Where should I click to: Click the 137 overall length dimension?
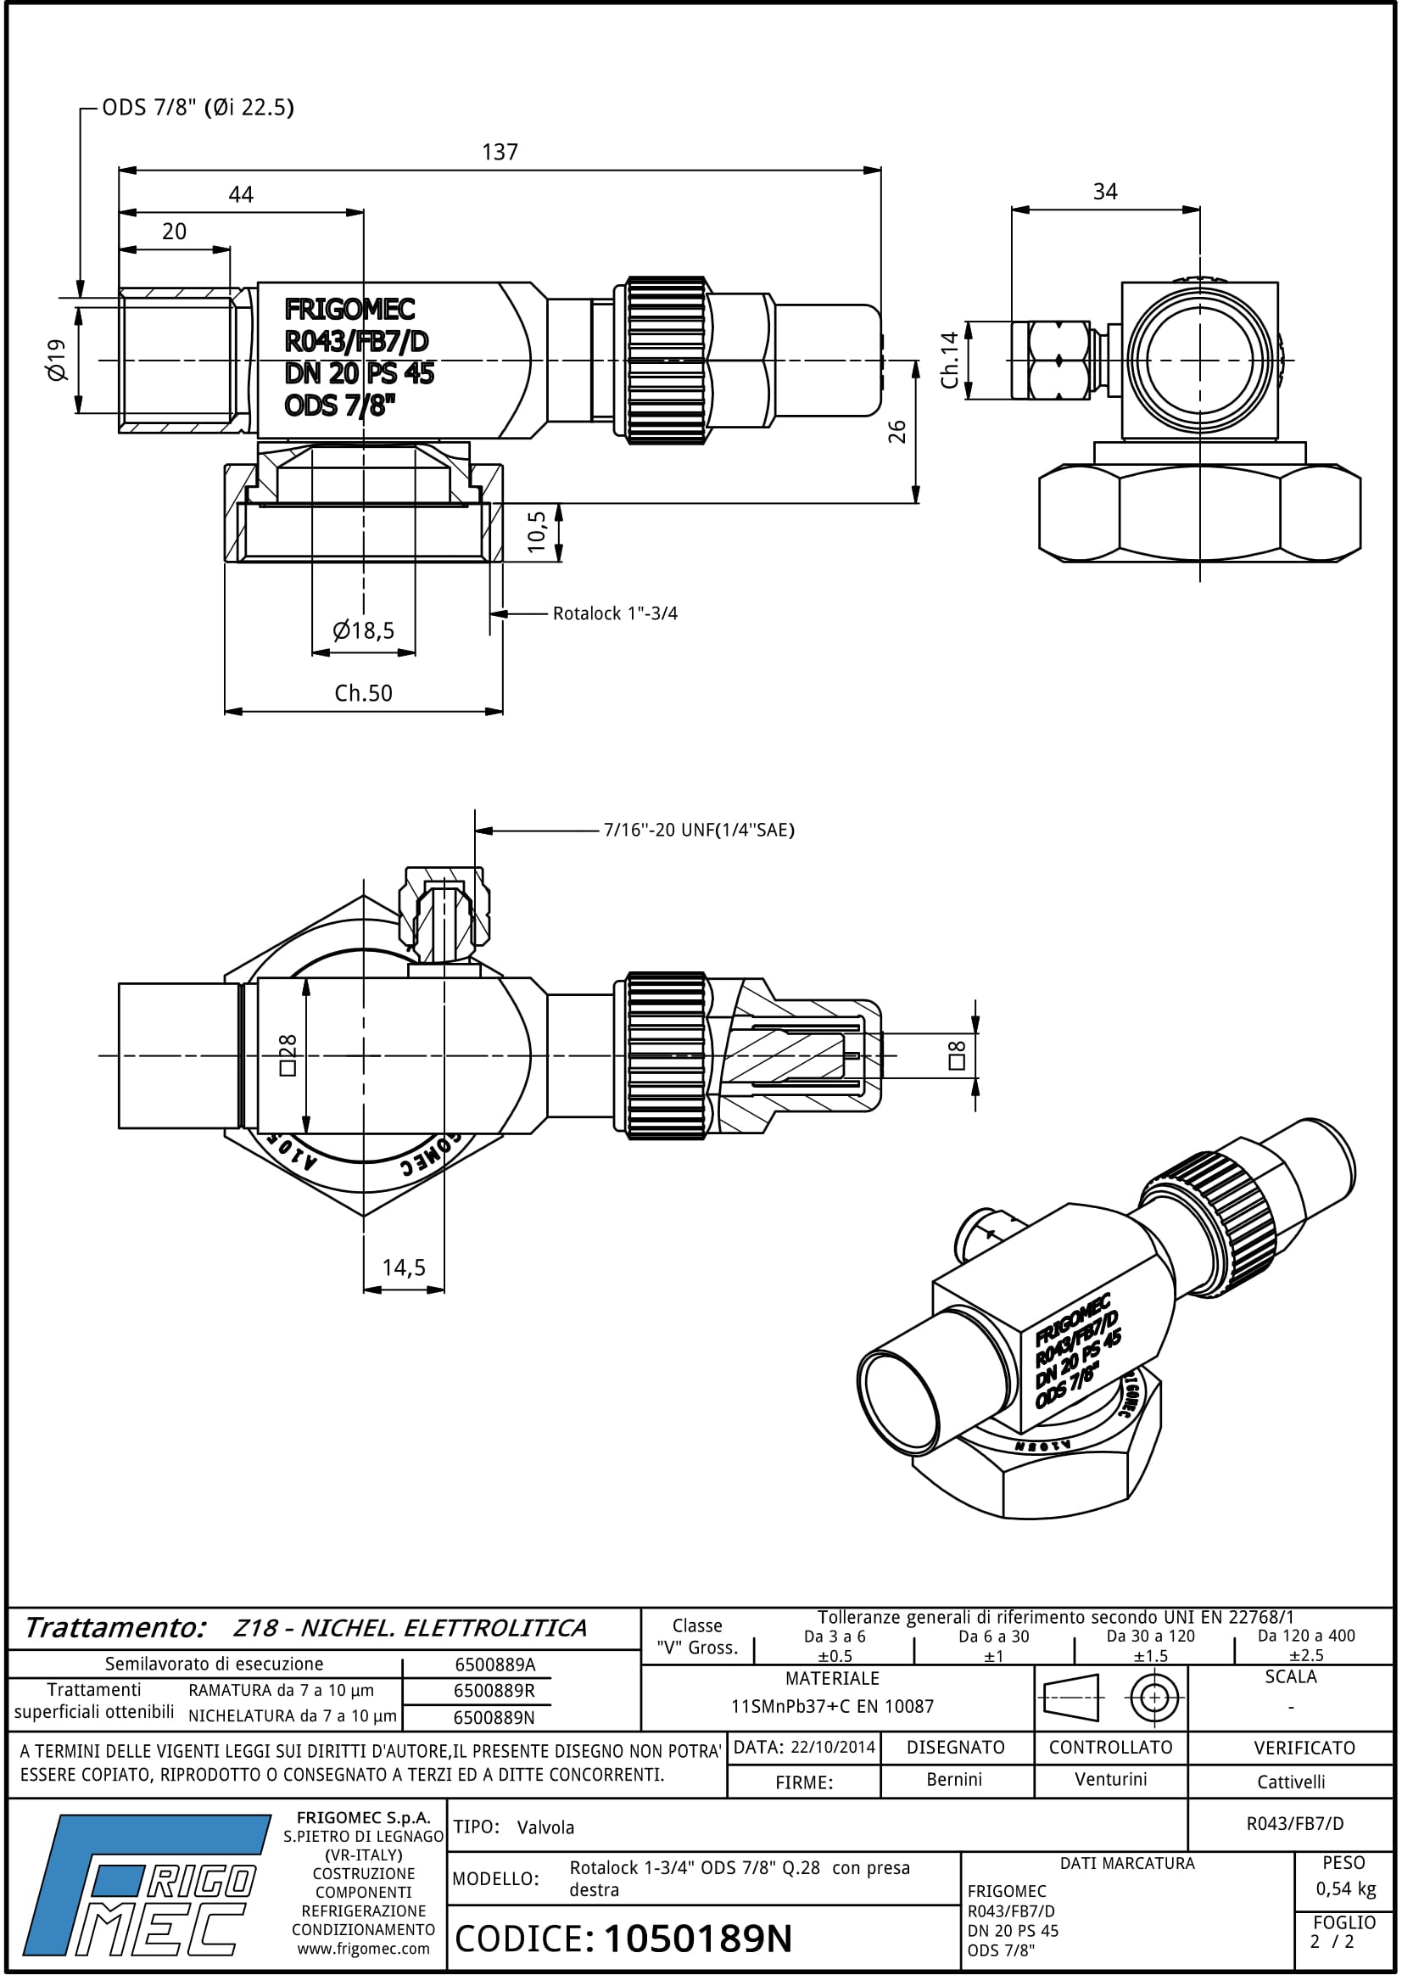tap(500, 153)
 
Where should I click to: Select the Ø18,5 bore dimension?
tap(364, 630)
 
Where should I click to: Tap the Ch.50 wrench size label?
tap(364, 693)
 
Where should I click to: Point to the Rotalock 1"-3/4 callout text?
tap(615, 614)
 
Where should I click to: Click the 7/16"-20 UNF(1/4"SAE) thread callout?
tap(698, 830)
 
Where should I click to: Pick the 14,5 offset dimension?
tap(404, 1267)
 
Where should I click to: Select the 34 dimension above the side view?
tap(1105, 192)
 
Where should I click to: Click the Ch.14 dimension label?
tap(950, 360)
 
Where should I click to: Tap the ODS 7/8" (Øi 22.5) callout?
tap(198, 108)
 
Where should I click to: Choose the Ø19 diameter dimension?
tap(57, 359)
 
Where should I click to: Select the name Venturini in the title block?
tap(1110, 1779)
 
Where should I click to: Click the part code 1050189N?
tap(697, 1939)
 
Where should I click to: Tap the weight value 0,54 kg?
tap(1345, 1888)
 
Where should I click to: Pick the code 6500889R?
tap(494, 1691)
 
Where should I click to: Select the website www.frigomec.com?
tap(364, 1949)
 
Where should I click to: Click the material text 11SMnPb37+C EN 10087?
tap(832, 1706)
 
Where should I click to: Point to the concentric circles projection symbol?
tap(1154, 1698)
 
